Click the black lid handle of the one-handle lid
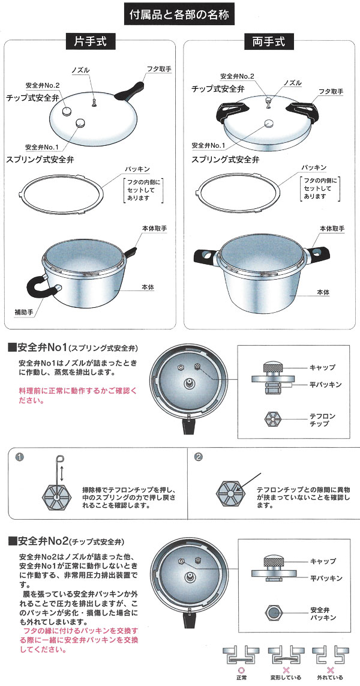click(130, 90)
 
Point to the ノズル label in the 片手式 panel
click(82, 70)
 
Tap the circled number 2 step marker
click(199, 457)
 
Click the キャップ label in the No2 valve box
click(323, 561)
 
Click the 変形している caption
click(286, 678)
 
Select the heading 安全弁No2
click(43, 541)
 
